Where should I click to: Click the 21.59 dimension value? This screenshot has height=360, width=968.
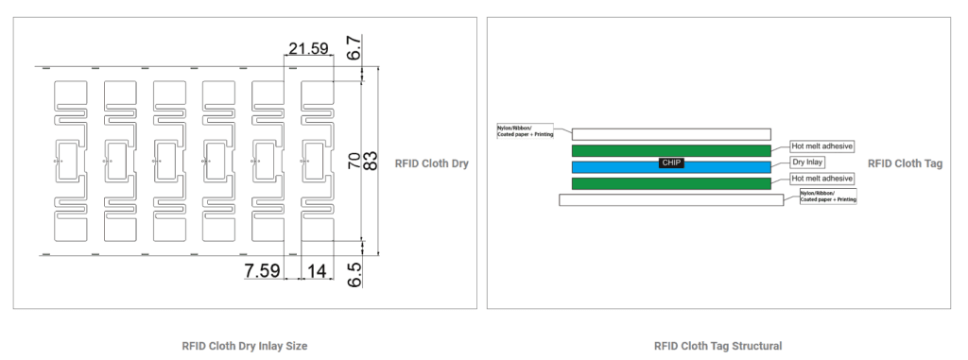point(309,48)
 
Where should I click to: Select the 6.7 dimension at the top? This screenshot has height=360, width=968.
point(354,47)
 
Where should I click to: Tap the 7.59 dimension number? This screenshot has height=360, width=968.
point(263,270)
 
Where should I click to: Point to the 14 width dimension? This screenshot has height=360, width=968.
point(316,270)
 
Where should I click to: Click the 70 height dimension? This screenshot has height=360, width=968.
point(354,163)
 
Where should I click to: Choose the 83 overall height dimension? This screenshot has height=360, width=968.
point(370,163)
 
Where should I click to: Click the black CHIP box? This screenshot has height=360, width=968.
point(671,163)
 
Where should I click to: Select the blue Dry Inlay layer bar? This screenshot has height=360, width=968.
point(672,167)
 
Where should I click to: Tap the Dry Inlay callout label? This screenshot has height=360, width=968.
point(806,163)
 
